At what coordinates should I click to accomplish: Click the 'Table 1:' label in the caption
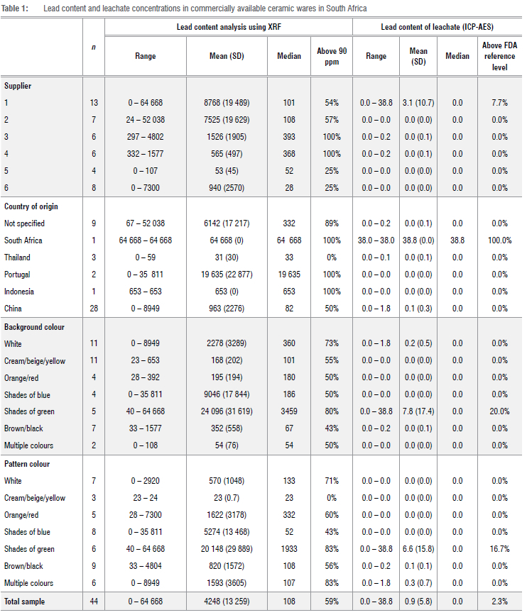(16, 8)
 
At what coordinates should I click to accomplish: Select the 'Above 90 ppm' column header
(331, 55)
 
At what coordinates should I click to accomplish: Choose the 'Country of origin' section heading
(31, 206)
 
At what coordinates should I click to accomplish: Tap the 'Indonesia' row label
(21, 292)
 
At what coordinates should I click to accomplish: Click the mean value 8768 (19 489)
(228, 103)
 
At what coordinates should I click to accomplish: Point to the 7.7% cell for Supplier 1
(499, 103)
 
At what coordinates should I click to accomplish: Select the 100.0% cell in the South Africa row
(499, 240)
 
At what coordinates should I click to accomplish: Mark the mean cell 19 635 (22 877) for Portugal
(228, 275)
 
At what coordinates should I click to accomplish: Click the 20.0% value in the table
(499, 411)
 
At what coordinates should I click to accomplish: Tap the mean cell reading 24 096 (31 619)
(228, 411)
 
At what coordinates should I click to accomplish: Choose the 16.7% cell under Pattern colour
(499, 549)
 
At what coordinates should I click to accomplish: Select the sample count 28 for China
(92, 309)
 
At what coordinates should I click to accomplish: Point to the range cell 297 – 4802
(146, 137)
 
